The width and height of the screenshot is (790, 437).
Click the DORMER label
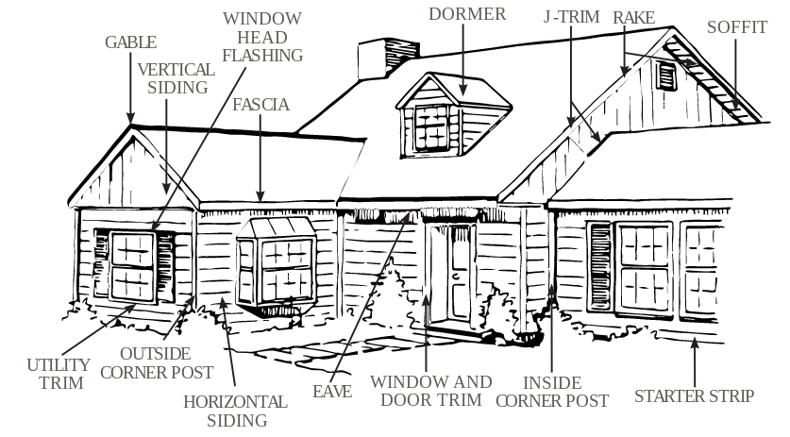[x=467, y=13]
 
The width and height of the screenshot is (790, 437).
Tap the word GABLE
[x=130, y=42]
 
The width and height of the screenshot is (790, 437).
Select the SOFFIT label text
[x=737, y=26]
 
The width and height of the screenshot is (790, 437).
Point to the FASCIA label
[x=261, y=104]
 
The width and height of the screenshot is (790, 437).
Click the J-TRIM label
[x=572, y=17]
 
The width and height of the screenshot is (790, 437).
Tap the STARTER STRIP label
[x=694, y=395]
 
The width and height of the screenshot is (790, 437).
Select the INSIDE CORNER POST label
[x=552, y=391]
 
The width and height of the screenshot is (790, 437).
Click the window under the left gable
[x=132, y=266]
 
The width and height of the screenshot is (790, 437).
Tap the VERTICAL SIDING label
[x=173, y=78]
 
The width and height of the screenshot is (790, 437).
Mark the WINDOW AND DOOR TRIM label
[x=430, y=391]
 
